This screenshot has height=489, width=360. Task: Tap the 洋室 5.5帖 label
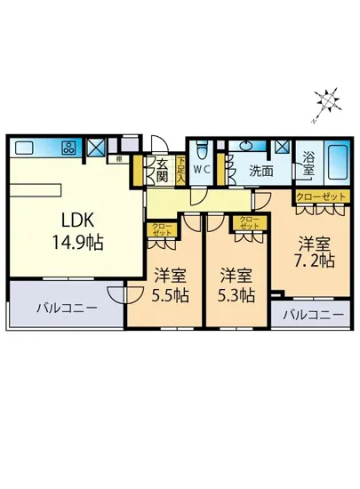coord(168,285)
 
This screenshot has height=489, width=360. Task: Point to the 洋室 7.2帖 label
coord(315,251)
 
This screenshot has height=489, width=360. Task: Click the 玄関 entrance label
coord(162,170)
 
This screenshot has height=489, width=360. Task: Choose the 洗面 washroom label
coord(260,170)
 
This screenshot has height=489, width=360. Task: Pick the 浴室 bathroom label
coord(308,161)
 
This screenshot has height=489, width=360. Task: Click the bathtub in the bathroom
coord(338,161)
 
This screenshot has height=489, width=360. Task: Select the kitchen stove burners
coord(68,148)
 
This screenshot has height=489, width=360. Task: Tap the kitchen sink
coord(24,148)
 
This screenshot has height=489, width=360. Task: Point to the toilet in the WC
coord(202,148)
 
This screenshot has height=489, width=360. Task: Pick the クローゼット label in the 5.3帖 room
coord(248,221)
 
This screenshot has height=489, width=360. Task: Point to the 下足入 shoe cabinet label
coord(180,169)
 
